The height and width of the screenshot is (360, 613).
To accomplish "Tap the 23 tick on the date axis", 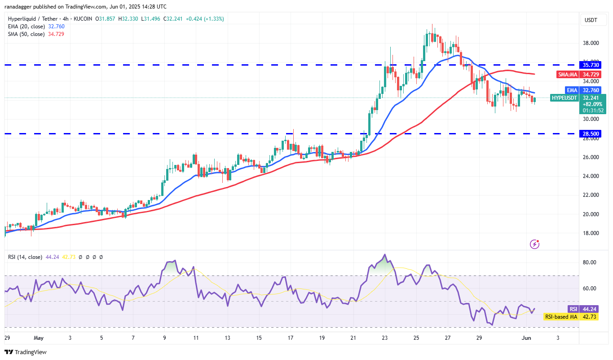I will coord(384,337).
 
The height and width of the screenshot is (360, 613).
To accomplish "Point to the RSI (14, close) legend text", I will coord(25,257).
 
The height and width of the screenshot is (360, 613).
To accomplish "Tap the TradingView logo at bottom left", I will coord(26,352).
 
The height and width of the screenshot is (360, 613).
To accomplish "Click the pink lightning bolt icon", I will coord(534,244).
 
